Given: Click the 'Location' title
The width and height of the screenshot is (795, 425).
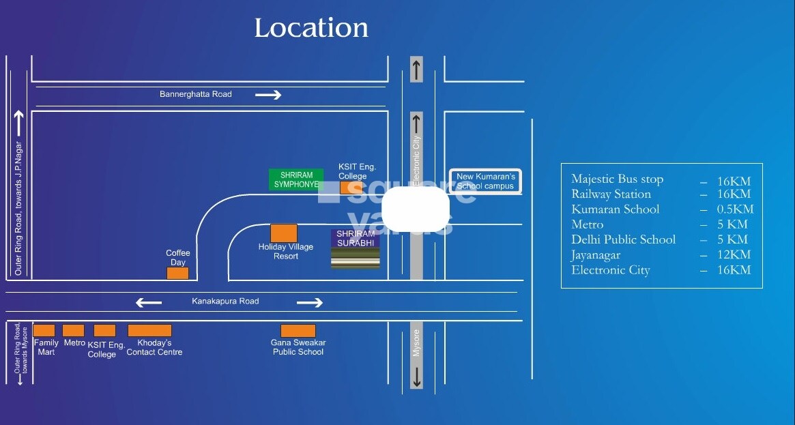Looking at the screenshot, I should (x=311, y=28).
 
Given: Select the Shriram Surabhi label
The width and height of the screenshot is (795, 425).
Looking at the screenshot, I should (x=355, y=238).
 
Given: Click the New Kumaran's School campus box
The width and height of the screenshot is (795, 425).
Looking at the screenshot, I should (x=485, y=181).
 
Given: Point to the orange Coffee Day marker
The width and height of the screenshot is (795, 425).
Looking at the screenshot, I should (x=177, y=273).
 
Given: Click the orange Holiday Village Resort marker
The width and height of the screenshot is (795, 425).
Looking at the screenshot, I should (x=284, y=233).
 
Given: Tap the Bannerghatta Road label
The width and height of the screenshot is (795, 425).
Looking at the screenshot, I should (x=196, y=94).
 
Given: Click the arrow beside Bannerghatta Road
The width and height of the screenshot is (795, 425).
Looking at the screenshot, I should (x=268, y=95).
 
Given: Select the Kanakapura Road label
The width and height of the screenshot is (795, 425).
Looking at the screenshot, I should (x=225, y=301).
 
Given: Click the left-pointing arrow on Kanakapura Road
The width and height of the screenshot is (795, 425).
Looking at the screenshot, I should (x=149, y=302).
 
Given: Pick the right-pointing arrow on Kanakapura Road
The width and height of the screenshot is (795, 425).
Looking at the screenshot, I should (x=309, y=302).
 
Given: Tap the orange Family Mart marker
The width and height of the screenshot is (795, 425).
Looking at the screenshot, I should (x=44, y=331).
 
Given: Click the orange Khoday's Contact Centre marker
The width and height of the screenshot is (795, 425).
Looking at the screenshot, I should (x=149, y=331).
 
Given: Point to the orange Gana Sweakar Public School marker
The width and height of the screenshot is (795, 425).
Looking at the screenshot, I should (x=298, y=331).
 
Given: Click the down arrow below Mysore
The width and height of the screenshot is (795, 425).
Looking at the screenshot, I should (x=416, y=377).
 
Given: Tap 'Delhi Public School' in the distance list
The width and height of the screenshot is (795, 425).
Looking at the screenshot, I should (x=623, y=239).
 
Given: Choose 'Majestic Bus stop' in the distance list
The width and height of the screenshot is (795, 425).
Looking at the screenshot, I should (x=617, y=179).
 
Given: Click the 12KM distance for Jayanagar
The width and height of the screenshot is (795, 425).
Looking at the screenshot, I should (x=734, y=254).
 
